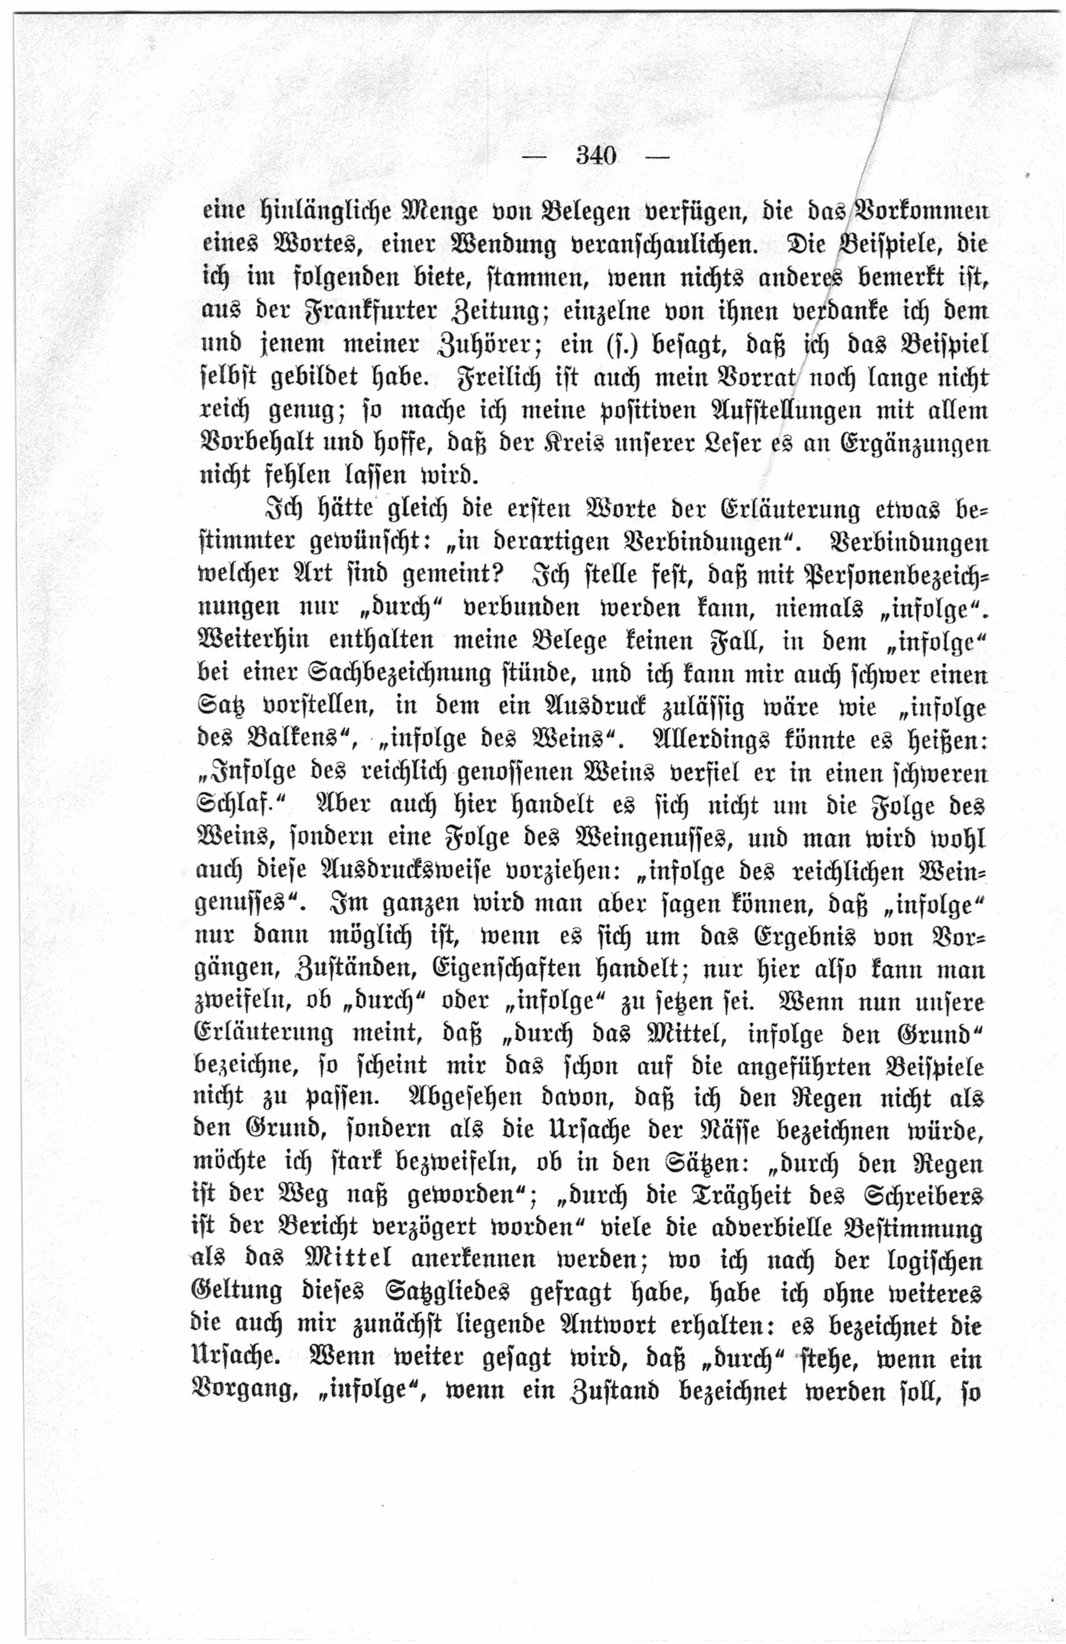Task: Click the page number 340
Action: point(596,157)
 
